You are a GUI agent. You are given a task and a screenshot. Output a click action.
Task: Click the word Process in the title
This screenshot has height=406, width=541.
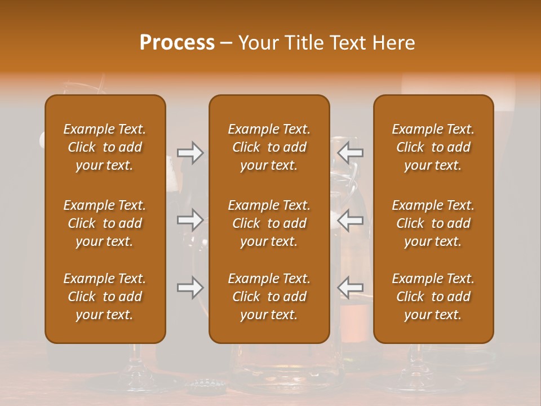coord(177,43)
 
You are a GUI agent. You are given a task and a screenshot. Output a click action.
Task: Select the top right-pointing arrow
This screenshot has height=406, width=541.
coord(190,153)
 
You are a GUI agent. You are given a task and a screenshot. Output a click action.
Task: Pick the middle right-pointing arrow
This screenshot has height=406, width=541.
coord(190,219)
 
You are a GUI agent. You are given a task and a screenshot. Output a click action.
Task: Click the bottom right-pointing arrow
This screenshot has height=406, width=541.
coord(190,288)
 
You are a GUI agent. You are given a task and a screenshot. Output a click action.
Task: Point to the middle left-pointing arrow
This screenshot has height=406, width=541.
coord(351,219)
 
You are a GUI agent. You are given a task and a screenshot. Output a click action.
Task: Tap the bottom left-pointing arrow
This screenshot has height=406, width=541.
coord(351,288)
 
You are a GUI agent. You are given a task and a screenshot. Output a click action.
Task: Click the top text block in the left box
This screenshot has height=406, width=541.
coord(105,147)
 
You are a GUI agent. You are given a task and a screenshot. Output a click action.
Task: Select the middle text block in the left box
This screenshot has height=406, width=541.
coord(105,223)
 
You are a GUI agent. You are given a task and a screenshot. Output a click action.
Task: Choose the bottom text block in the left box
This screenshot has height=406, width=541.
coord(105,297)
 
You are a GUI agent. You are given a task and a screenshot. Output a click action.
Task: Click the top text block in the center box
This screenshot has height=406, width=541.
coord(269,147)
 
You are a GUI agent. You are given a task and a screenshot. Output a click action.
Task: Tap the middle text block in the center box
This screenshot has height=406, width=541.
coord(269,223)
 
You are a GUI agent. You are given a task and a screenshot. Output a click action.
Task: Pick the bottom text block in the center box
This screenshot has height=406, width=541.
coord(269,297)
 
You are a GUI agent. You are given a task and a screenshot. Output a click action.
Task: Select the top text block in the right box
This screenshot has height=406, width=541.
coord(433,147)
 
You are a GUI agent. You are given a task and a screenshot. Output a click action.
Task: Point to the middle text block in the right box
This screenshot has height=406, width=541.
coord(433,223)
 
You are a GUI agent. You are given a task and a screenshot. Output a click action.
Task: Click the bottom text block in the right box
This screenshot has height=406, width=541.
coord(433,297)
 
